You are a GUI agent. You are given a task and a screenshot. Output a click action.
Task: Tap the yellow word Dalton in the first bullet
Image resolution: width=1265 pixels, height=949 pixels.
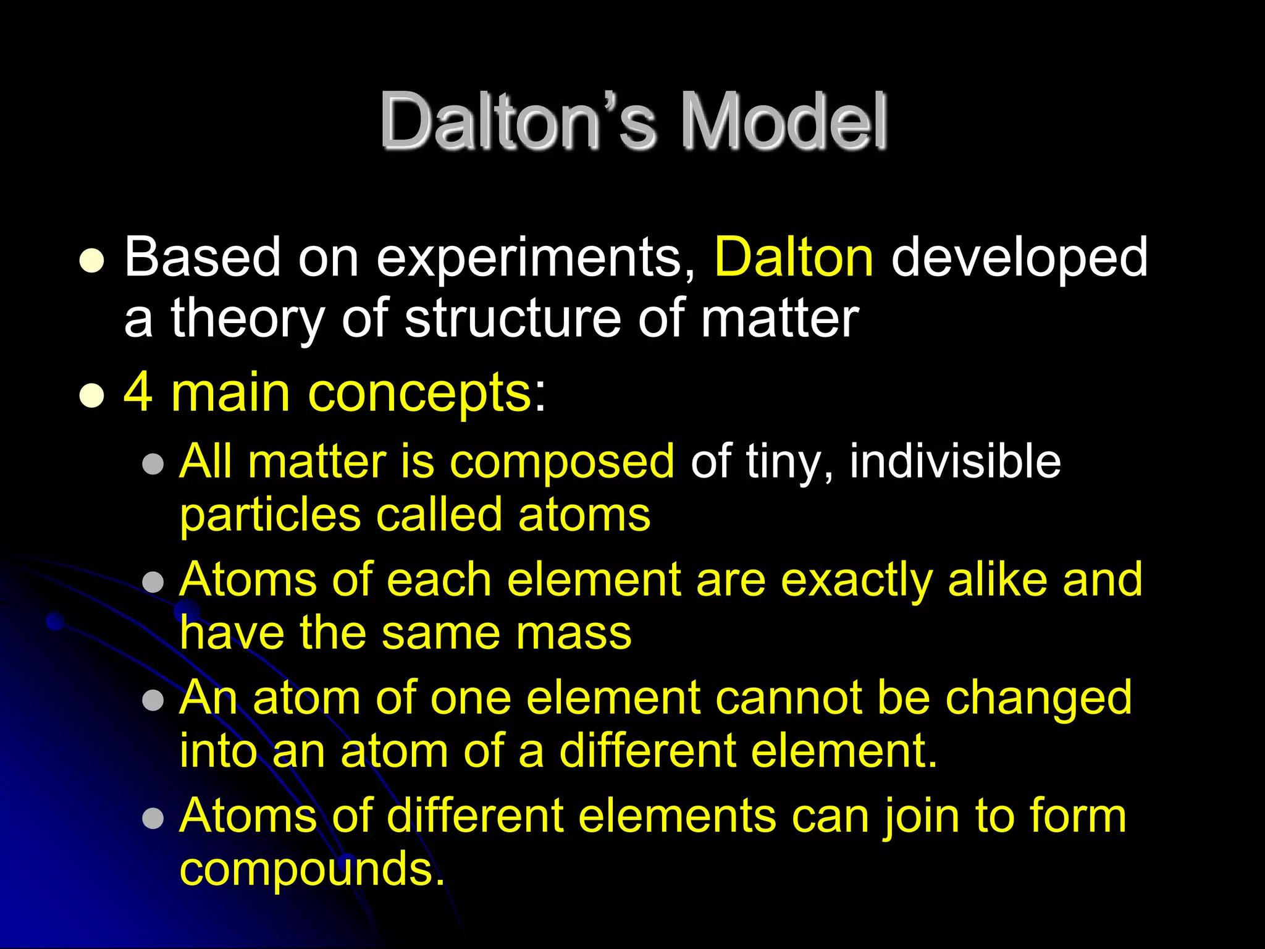[x=794, y=257]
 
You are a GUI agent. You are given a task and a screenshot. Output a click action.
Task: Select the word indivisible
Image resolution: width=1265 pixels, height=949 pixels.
[x=955, y=462]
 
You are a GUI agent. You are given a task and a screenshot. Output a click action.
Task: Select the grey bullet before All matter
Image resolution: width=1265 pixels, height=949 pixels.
[x=153, y=464]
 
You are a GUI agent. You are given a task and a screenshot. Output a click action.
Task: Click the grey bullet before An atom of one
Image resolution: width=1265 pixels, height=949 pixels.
[x=153, y=701]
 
